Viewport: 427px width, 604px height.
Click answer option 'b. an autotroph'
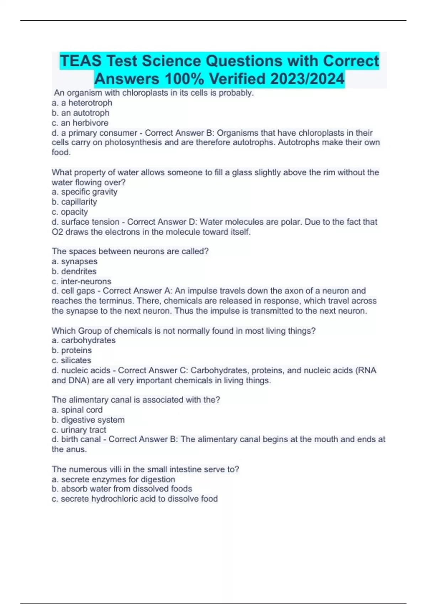click(x=80, y=113)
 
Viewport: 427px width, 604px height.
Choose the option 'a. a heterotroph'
click(x=82, y=103)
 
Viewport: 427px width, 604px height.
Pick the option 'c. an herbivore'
click(x=80, y=123)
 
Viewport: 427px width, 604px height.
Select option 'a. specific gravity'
click(x=84, y=192)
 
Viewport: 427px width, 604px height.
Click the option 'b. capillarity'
click(x=74, y=202)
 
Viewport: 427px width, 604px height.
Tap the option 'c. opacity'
click(x=70, y=212)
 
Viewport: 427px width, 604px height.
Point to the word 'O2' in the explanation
click(x=57, y=232)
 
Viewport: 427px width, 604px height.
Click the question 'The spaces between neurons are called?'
click(x=130, y=251)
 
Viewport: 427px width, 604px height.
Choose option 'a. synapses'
click(x=74, y=261)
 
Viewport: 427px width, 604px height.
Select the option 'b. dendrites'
click(x=74, y=271)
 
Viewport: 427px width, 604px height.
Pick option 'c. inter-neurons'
click(x=81, y=281)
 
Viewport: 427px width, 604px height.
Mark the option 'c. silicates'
click(x=72, y=360)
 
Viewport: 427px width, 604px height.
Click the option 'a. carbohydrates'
click(x=84, y=340)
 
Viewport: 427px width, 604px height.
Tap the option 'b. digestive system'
click(x=88, y=420)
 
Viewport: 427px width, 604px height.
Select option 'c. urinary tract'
click(x=79, y=430)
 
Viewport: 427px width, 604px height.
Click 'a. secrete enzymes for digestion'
click(x=113, y=479)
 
